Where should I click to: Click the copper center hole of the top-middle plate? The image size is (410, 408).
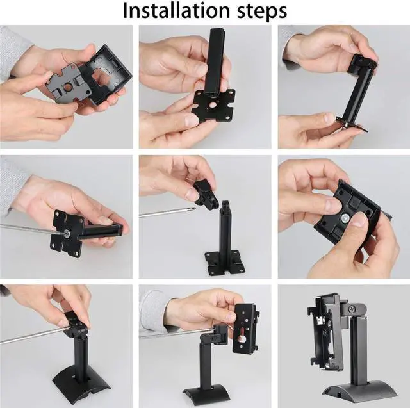(211, 103)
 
